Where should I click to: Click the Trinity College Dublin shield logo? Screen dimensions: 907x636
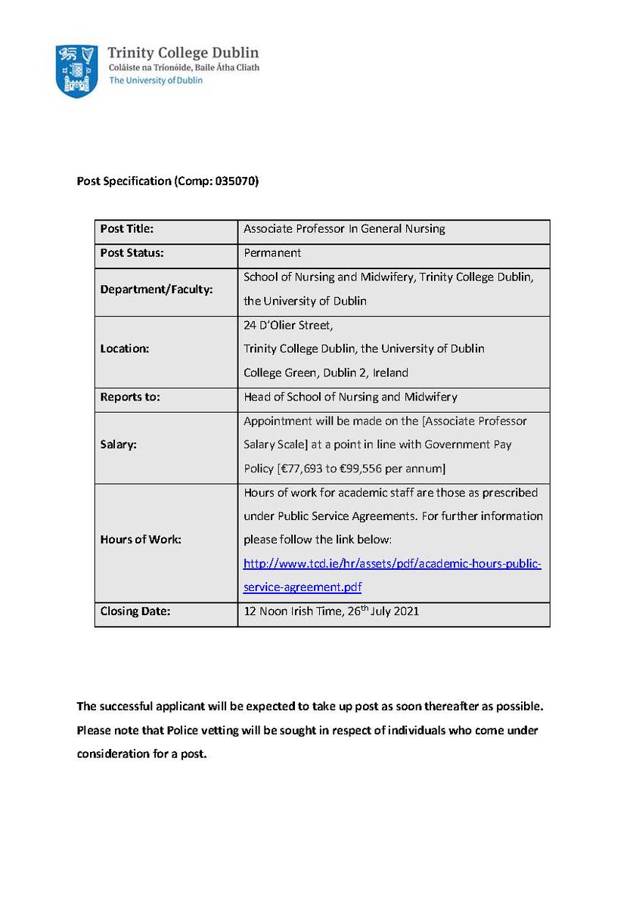[x=76, y=70]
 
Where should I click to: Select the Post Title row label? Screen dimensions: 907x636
[x=126, y=228]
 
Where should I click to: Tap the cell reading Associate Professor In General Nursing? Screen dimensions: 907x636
[x=344, y=228]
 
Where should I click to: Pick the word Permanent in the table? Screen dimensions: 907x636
[x=272, y=252]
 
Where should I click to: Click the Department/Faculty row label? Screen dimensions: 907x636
[x=145, y=289]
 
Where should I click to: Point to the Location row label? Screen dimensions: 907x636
[x=125, y=349]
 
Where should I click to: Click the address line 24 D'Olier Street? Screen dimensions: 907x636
[x=287, y=326]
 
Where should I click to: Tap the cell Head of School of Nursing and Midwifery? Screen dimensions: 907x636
[x=350, y=397]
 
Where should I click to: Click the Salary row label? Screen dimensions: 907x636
[x=118, y=445]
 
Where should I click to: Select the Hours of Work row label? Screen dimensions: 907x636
[x=141, y=540]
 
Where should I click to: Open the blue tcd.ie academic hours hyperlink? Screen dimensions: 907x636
[x=392, y=564]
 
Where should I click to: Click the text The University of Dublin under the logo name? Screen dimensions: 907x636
[x=156, y=80]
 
